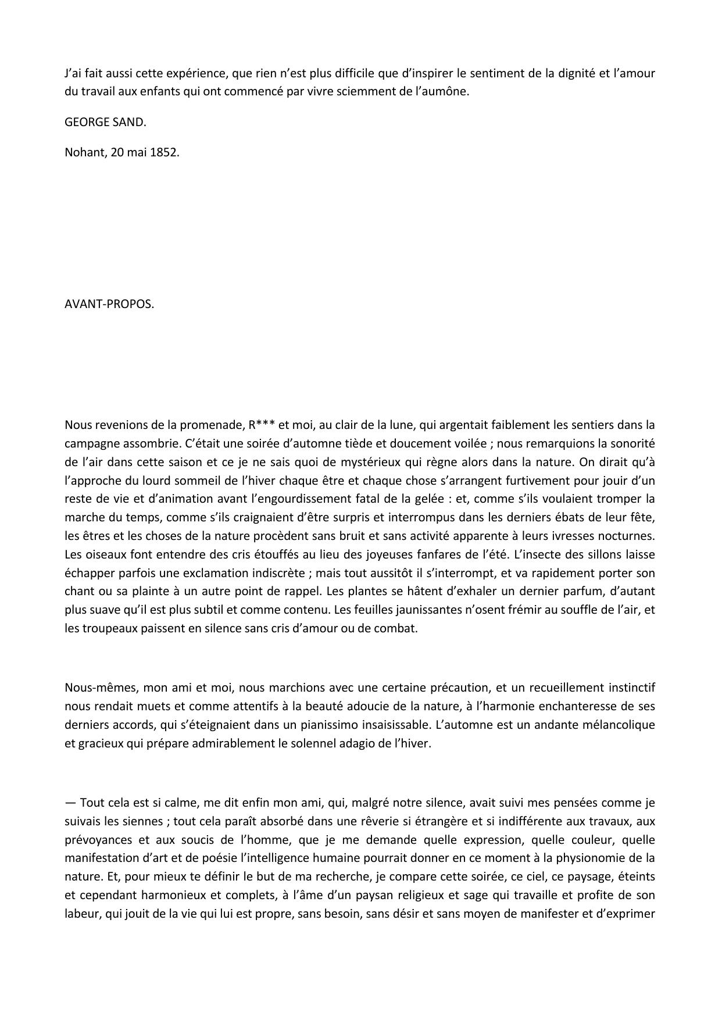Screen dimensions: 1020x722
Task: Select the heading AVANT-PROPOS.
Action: pyautogui.click(x=109, y=305)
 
